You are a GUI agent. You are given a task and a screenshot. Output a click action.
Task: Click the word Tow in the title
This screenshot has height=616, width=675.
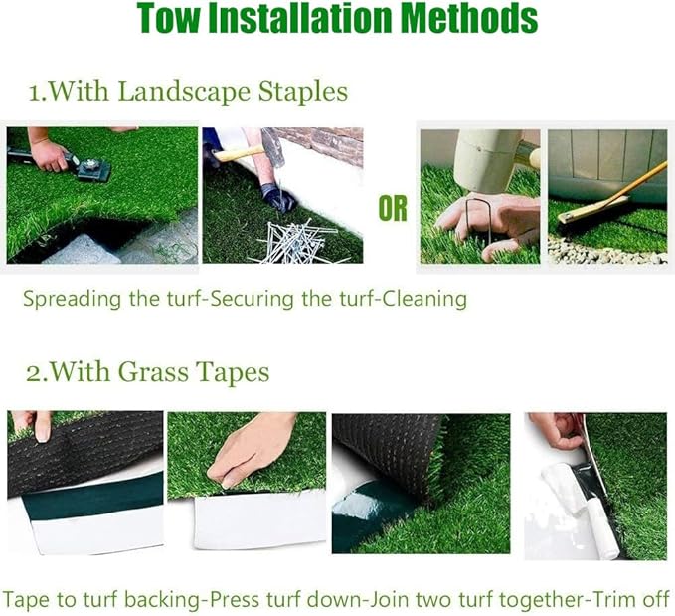click(x=169, y=17)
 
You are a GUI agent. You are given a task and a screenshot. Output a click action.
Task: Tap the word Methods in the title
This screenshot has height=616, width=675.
click(x=469, y=17)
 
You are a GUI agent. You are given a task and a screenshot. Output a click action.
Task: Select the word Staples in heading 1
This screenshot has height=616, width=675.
click(x=303, y=92)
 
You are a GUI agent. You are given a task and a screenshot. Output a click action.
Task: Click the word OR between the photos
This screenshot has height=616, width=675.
click(x=393, y=208)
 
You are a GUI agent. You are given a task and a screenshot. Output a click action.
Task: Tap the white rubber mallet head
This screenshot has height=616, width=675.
click(x=487, y=159)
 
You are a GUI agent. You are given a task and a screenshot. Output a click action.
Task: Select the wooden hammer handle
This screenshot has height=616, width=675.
click(x=238, y=153)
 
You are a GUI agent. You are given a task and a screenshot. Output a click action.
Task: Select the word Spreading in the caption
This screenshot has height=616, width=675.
click(x=72, y=299)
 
